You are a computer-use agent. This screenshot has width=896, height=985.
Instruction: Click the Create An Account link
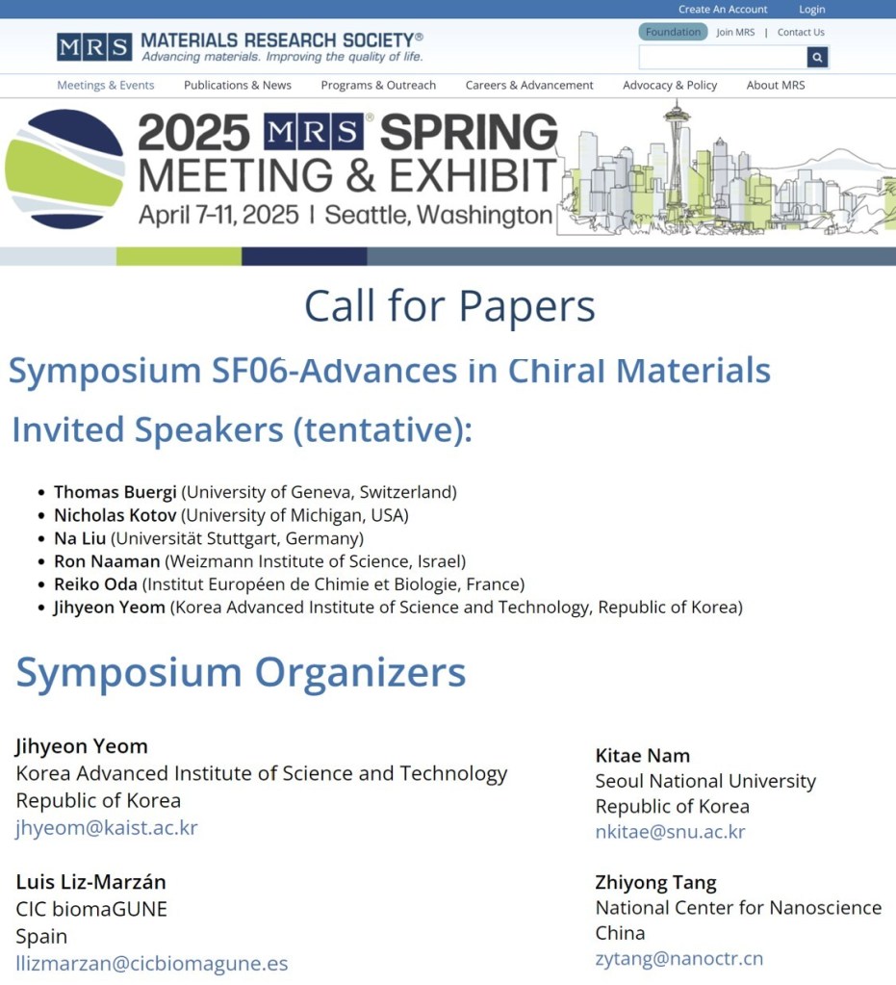(x=723, y=10)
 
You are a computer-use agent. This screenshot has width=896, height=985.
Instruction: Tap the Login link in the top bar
(x=812, y=10)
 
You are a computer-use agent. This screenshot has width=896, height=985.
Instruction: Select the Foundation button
(x=673, y=32)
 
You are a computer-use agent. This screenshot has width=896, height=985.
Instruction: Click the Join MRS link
(x=735, y=32)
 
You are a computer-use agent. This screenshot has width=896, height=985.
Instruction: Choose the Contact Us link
(x=801, y=32)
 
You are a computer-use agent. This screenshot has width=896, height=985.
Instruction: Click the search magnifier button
(x=817, y=57)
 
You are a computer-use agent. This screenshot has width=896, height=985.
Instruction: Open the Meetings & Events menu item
(x=106, y=86)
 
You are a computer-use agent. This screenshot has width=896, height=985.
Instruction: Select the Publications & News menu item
(x=238, y=86)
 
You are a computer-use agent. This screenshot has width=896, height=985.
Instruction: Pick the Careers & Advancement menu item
(x=529, y=86)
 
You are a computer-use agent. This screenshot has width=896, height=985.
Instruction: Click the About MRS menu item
(x=776, y=86)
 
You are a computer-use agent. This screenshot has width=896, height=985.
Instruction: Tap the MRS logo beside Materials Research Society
(x=94, y=47)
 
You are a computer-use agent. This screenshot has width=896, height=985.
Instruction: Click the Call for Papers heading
(x=449, y=306)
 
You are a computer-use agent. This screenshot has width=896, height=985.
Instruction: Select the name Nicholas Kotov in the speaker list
(x=115, y=516)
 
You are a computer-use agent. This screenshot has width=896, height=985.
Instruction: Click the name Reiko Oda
(x=95, y=584)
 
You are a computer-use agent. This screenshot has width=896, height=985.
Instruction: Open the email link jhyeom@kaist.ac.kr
(x=107, y=828)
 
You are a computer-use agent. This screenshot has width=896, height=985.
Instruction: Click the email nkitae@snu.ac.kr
(x=670, y=832)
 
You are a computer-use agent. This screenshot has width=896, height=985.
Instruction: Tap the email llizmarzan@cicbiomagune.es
(x=152, y=964)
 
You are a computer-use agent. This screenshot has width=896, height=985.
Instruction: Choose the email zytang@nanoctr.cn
(x=679, y=959)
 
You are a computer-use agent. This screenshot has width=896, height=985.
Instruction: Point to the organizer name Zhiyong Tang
(x=655, y=883)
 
